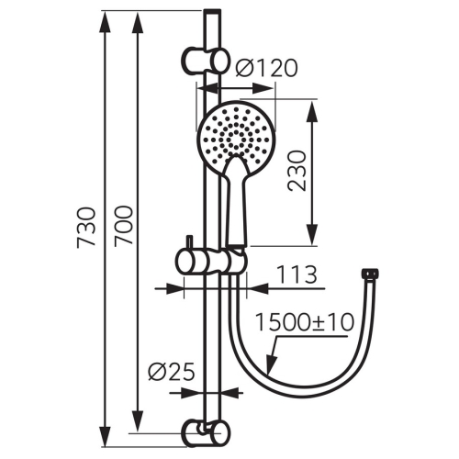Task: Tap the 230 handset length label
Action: [x=296, y=172]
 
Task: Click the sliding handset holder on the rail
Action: [x=213, y=262]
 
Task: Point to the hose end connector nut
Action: [x=371, y=274]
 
